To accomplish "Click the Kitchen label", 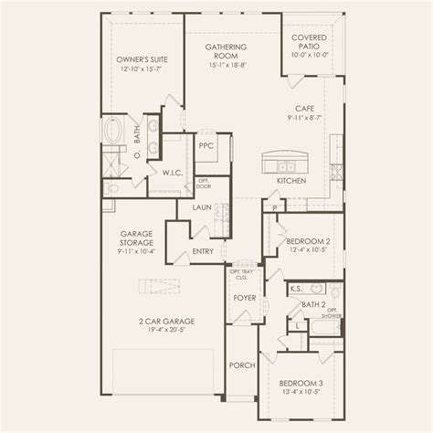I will point(290,181).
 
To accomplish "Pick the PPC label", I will point(206,144).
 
